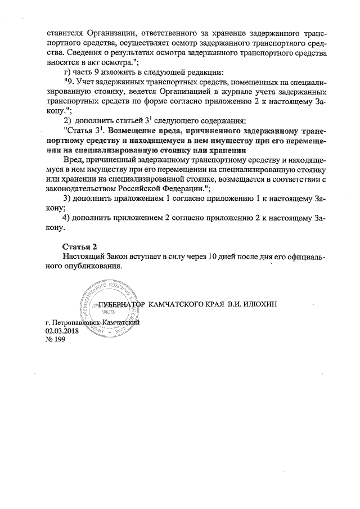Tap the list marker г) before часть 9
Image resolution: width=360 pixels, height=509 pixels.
tap(65, 72)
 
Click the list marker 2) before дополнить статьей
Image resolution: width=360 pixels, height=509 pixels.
tap(66, 121)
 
